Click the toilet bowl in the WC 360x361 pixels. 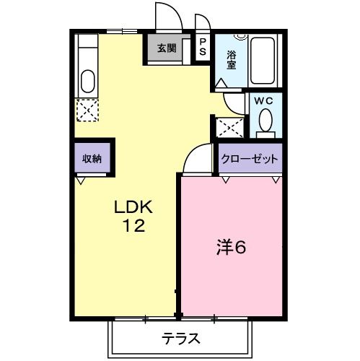pos(265,121)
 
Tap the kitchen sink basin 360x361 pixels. pos(87,79)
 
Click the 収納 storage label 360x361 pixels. pos(91,159)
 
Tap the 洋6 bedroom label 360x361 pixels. pos(231,248)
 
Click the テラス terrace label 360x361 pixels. pos(180,338)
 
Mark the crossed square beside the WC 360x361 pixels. pos(229,128)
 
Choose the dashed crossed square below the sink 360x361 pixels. pos(87,110)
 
